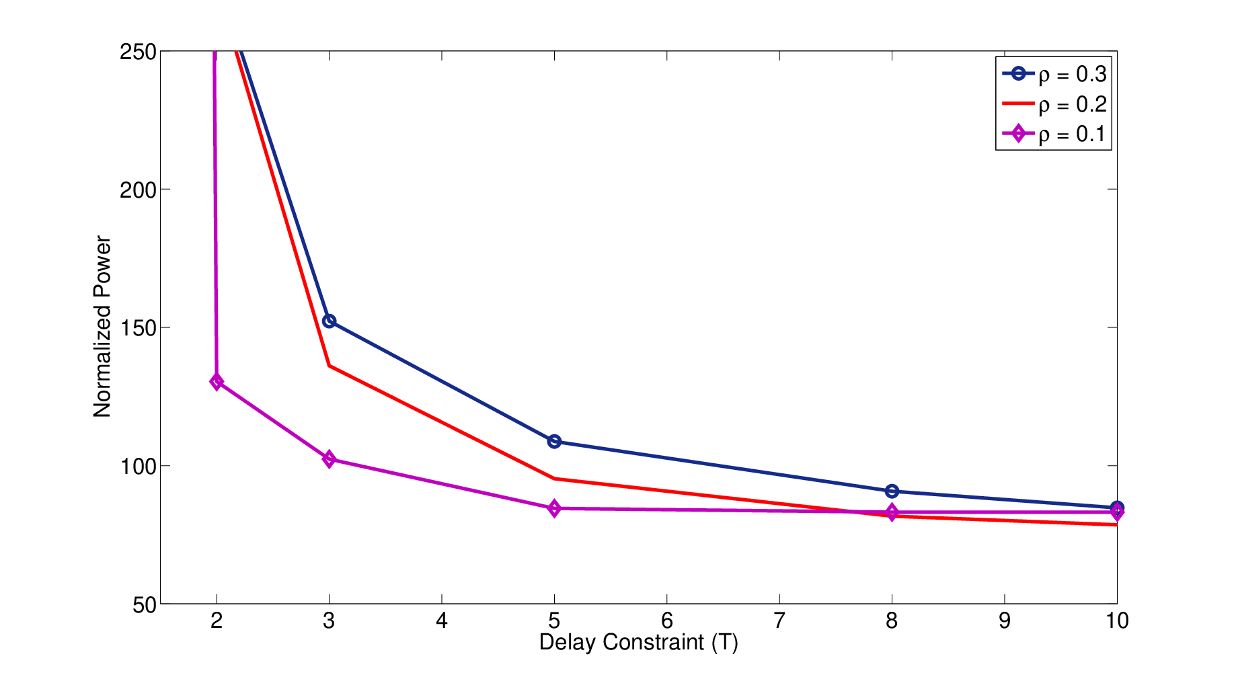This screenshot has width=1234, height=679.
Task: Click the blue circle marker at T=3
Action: click(x=329, y=321)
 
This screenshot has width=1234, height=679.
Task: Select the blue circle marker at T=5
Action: click(x=554, y=442)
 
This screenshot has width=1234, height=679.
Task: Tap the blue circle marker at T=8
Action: click(x=892, y=491)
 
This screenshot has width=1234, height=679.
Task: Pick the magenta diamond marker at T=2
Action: click(x=217, y=382)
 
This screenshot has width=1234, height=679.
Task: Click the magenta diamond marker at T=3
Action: click(x=329, y=459)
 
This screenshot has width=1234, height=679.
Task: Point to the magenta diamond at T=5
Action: click(x=554, y=508)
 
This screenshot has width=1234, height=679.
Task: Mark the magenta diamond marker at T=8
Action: click(x=892, y=512)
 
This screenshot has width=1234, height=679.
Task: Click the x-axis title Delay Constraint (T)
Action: click(x=639, y=643)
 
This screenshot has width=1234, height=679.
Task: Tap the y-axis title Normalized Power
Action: click(x=102, y=327)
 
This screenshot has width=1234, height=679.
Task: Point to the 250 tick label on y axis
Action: click(x=138, y=52)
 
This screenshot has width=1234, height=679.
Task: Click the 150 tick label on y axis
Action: click(x=138, y=328)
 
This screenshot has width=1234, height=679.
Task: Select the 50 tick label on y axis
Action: click(x=145, y=605)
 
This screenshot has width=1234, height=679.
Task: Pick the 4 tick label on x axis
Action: click(x=442, y=621)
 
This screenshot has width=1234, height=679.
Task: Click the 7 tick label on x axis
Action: click(x=779, y=621)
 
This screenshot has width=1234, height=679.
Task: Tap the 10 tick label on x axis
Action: click(x=1117, y=621)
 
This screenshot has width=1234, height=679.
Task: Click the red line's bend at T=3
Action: click(x=329, y=365)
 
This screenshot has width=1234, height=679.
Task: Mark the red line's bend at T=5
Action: click(x=554, y=479)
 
